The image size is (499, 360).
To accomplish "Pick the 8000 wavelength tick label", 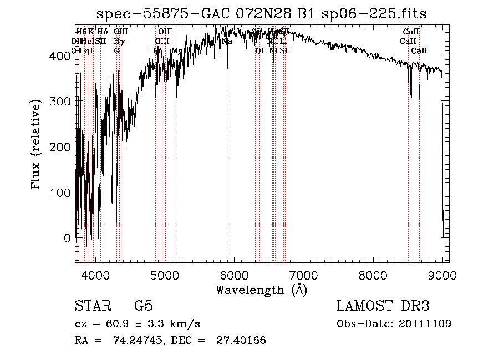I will [x=373, y=275].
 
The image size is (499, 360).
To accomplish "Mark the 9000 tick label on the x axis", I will [x=442, y=275].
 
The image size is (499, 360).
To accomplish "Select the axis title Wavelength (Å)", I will [x=261, y=290].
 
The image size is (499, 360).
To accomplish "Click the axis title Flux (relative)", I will [x=37, y=146].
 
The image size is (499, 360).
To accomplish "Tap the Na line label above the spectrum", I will [x=227, y=42].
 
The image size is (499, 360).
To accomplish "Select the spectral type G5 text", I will [x=143, y=306].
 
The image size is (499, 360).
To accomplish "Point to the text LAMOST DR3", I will [x=383, y=306].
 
